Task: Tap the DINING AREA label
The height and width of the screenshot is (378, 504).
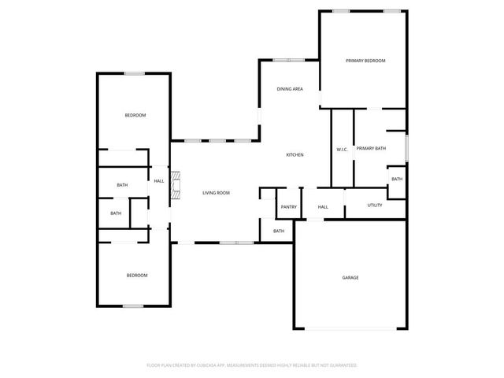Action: click(289, 90)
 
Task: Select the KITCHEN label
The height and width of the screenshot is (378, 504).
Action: click(295, 154)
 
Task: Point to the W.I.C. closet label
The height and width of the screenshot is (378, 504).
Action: click(342, 149)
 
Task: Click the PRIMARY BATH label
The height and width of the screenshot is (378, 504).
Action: click(371, 148)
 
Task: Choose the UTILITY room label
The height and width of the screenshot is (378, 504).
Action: click(375, 206)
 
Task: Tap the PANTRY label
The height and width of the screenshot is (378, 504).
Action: click(287, 207)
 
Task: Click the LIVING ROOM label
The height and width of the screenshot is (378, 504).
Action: click(216, 193)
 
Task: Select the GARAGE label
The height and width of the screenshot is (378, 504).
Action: click(350, 278)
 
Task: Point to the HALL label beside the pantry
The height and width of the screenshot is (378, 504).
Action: click(323, 207)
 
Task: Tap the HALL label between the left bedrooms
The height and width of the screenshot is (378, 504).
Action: click(159, 181)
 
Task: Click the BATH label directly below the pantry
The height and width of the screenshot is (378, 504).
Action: click(279, 231)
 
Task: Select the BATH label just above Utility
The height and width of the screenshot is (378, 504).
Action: click(397, 179)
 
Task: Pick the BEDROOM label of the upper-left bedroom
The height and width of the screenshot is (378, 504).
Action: click(135, 116)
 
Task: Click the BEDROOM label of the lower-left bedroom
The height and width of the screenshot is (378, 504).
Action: click(137, 276)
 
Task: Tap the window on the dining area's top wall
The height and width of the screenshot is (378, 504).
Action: click(288, 60)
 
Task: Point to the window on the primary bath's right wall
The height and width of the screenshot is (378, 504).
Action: click(406, 146)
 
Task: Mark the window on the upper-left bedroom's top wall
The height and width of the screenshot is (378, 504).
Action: click(134, 74)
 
